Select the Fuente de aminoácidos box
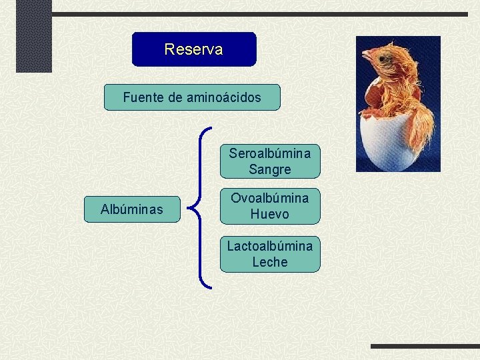click(x=192, y=97)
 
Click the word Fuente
click(x=143, y=97)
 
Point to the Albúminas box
click(x=131, y=209)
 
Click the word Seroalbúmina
click(x=270, y=153)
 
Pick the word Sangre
click(x=270, y=169)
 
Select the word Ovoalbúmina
click(x=270, y=198)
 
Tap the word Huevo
click(x=270, y=214)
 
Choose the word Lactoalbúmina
click(x=270, y=246)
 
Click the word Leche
click(x=270, y=262)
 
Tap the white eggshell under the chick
click(x=386, y=143)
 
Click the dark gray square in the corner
click(x=34, y=35)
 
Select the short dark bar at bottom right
click(x=425, y=346)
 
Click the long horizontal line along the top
click(x=260, y=14)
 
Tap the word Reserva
click(x=194, y=49)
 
